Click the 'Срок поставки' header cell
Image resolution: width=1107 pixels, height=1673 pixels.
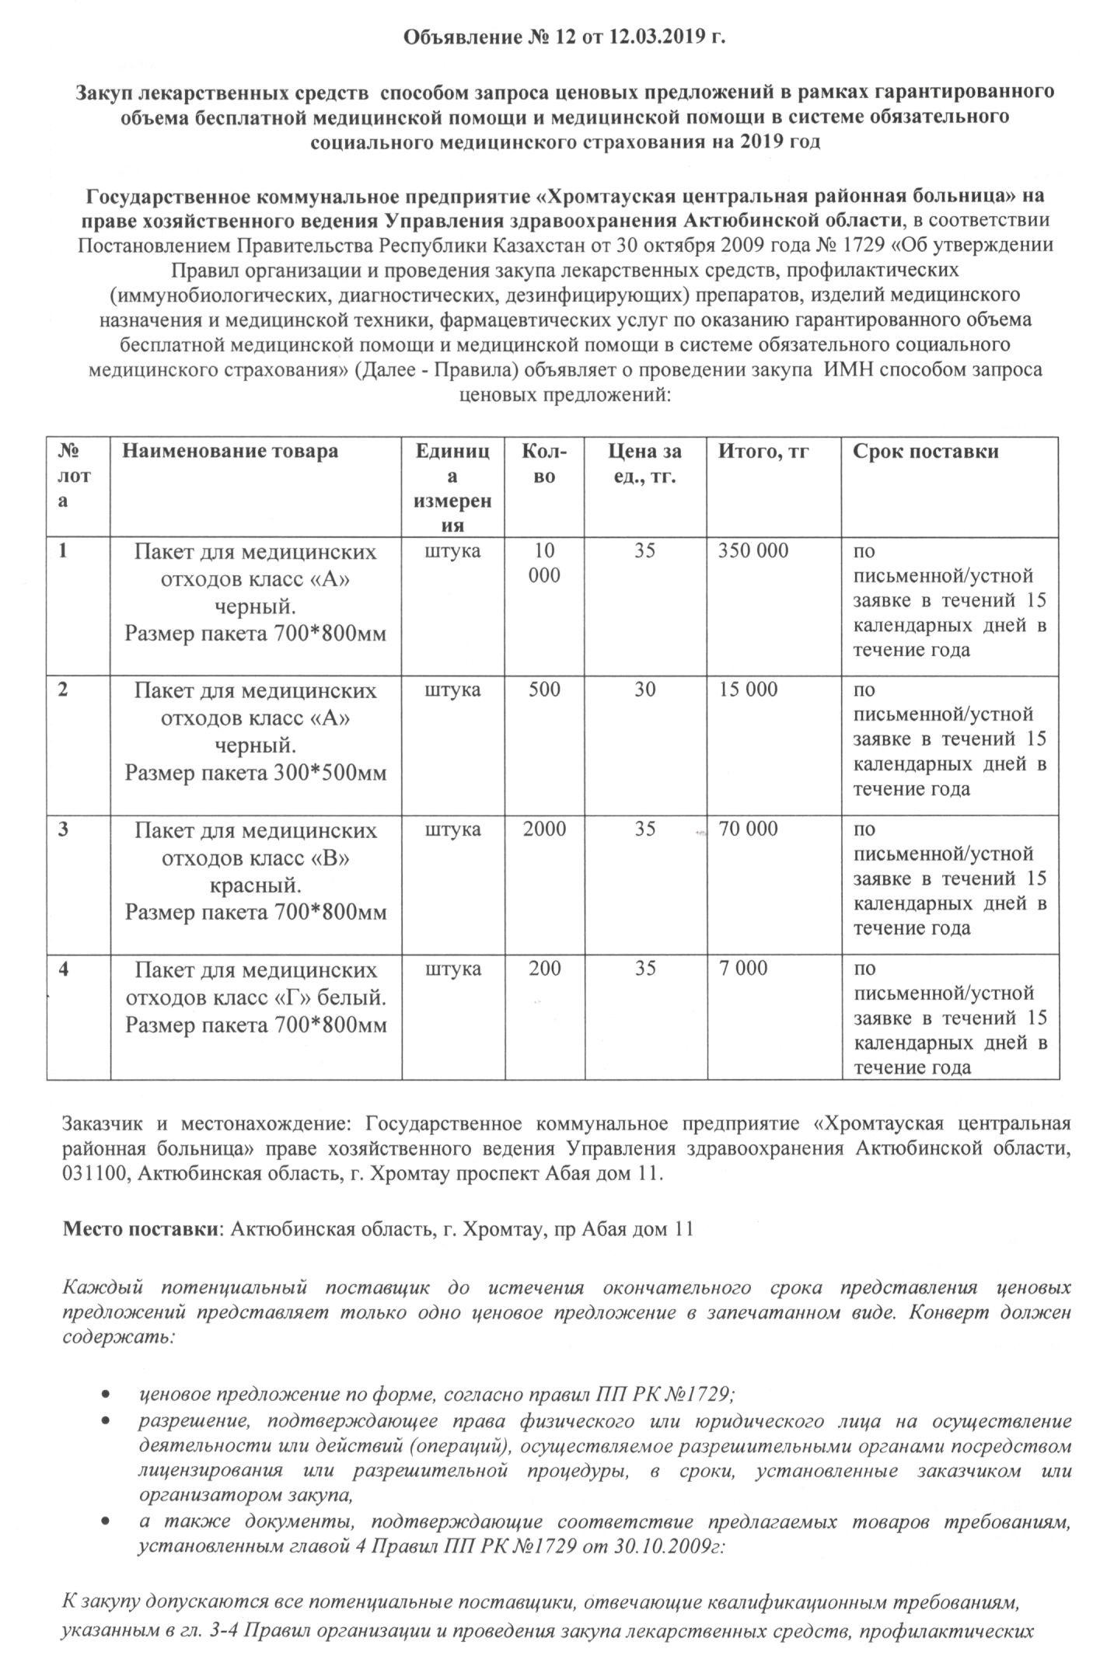coord(926,452)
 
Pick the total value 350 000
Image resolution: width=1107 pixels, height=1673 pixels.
coord(753,551)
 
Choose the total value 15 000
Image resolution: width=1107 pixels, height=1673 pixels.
coord(748,690)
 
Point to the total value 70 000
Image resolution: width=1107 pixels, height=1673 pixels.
coord(748,830)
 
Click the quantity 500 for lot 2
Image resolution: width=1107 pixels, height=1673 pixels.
coord(544,690)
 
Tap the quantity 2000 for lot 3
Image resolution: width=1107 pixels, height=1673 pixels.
coord(544,830)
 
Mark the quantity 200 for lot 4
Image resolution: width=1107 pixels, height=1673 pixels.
coord(544,969)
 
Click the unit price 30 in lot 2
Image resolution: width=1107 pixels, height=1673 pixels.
coord(644,690)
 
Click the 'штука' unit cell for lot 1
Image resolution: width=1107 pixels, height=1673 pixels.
coord(453,551)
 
